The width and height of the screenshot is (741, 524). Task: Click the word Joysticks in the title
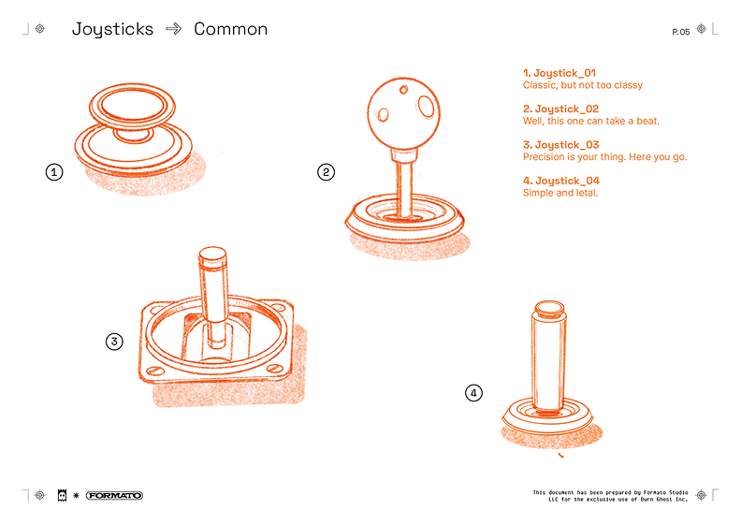(x=112, y=30)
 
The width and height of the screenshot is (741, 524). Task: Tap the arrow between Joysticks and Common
(x=173, y=29)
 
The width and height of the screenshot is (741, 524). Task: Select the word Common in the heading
(x=230, y=29)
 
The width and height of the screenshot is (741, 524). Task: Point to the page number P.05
(x=681, y=32)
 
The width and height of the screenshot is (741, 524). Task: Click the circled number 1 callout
(x=54, y=172)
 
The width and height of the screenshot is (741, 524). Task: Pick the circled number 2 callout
(x=327, y=172)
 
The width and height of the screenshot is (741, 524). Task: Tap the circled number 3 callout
(x=114, y=342)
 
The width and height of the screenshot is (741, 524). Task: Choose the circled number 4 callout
(x=474, y=393)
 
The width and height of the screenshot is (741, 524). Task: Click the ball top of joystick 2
(x=403, y=113)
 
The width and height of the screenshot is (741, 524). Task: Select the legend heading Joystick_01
(x=559, y=73)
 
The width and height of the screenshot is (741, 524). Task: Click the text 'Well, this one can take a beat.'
(x=590, y=121)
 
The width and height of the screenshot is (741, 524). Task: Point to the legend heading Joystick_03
(x=561, y=145)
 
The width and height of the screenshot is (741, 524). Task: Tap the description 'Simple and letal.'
(x=560, y=193)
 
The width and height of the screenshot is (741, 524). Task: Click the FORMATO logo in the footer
(x=114, y=495)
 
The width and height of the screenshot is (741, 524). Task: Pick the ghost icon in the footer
(x=62, y=495)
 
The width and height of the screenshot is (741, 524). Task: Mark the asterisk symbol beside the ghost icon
(x=76, y=495)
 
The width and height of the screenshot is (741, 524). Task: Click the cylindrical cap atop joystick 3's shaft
(x=212, y=257)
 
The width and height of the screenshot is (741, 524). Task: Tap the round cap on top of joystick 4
(x=549, y=308)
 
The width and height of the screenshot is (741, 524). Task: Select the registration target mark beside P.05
(x=702, y=29)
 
